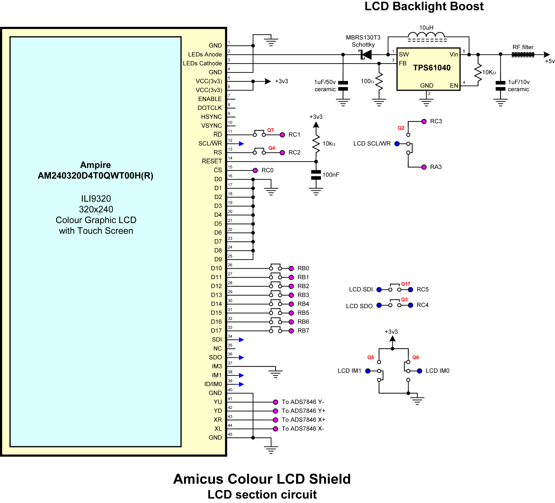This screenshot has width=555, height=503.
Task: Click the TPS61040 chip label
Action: [x=432, y=68]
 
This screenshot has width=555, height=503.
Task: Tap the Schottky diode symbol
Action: [x=365, y=54]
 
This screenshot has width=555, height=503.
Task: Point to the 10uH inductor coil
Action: [x=426, y=35]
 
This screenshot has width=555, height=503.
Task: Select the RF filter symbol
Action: [x=523, y=54]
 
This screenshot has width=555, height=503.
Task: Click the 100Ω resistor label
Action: [x=367, y=81]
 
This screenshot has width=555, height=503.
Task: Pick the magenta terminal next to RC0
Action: [x=255, y=170]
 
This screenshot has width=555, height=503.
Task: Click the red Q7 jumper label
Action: [x=270, y=130]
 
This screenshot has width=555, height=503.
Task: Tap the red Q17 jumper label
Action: [x=406, y=284]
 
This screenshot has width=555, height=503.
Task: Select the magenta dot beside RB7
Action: [x=291, y=331]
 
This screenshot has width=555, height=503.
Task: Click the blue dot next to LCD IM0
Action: [x=420, y=371]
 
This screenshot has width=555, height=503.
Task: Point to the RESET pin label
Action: [x=212, y=161]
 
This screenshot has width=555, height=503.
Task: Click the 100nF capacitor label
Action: [x=331, y=175]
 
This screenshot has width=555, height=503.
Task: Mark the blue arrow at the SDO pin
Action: [x=239, y=358]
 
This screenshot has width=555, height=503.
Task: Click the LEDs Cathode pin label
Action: [x=202, y=63]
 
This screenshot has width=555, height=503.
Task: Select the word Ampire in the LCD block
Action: [x=95, y=165]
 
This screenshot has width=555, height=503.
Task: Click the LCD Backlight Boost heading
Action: [x=424, y=6]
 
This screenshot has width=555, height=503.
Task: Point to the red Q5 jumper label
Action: [x=371, y=358]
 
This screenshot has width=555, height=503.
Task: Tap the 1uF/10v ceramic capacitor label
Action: [x=519, y=86]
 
